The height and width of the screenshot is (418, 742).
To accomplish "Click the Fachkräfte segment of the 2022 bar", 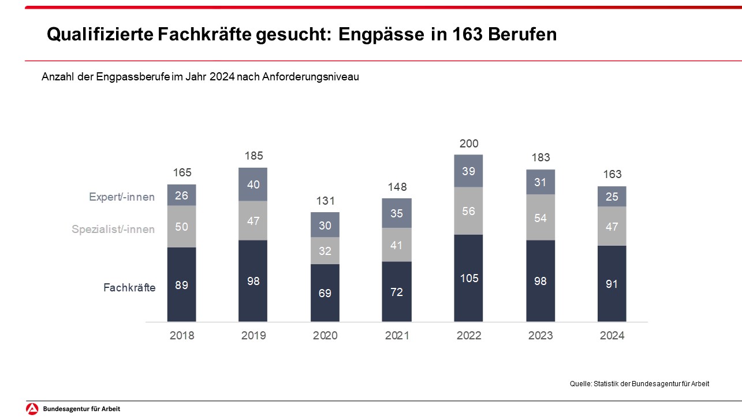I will pos(468,278).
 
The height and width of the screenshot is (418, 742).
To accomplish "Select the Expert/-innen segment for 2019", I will pos(253,184).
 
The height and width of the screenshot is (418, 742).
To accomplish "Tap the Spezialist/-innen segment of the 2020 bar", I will pos(325,251).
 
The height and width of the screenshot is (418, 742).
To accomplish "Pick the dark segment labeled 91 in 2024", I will pos(612,284).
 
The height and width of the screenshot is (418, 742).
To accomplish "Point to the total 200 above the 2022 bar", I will pos(469,143).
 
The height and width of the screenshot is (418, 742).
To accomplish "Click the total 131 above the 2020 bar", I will pos(325,201).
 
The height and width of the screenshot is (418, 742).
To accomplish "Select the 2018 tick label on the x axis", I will pos(182,336).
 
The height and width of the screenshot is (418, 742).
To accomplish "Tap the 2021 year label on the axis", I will pos(397,336).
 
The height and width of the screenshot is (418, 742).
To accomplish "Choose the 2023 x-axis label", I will pos(540,336).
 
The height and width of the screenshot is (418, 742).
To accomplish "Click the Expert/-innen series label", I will pos(122,197).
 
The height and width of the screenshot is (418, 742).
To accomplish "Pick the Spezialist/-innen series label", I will pos(113,230).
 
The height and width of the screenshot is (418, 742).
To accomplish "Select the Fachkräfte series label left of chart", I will pos(129,287).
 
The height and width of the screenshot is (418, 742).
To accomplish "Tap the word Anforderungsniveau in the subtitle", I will pos(311,77).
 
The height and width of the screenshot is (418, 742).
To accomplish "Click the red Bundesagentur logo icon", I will pos(33,409).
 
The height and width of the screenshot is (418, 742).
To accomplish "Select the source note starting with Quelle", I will pos(639,384).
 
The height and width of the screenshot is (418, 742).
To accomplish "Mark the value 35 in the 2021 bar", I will pos(397,213).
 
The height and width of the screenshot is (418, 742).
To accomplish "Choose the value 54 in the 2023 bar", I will pos(540,217).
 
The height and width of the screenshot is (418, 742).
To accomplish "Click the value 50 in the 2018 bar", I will pos(182,227).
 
